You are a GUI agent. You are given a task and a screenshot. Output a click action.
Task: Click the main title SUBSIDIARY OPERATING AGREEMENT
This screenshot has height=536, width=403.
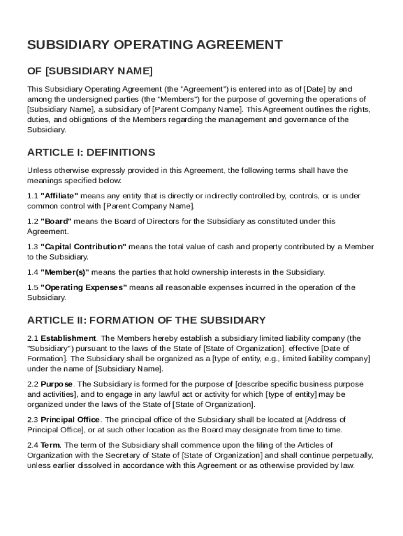click(155, 45)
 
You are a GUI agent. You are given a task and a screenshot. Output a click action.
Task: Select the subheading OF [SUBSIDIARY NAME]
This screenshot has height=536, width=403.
click(90, 71)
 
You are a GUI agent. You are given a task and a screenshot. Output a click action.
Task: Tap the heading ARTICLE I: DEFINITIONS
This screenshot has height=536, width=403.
click(91, 153)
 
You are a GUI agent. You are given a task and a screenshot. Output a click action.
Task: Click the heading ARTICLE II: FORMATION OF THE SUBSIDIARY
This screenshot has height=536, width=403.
click(147, 320)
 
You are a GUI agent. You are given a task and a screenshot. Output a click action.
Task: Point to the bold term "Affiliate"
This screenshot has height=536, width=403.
click(59, 196)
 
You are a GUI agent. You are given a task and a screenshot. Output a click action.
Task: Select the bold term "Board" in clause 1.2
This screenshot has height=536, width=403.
click(56, 221)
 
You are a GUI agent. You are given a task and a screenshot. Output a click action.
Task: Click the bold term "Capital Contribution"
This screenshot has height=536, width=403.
click(83, 247)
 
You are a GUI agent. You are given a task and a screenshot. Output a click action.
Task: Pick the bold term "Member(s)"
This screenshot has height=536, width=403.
click(65, 272)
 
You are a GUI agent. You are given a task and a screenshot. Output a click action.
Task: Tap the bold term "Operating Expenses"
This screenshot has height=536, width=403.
click(84, 287)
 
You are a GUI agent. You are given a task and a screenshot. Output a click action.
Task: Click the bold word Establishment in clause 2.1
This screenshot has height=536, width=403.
click(68, 338)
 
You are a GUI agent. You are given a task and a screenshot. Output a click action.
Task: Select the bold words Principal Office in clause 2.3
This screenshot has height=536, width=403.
click(70, 420)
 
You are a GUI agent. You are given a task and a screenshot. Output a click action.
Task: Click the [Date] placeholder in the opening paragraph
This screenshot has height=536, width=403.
click(314, 89)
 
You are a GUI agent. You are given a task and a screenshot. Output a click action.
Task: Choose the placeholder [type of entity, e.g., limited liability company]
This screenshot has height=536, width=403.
click(292, 359)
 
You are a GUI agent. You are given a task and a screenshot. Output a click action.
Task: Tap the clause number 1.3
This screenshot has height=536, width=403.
click(32, 247)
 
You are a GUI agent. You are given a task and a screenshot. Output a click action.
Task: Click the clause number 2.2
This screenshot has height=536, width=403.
click(32, 384)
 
